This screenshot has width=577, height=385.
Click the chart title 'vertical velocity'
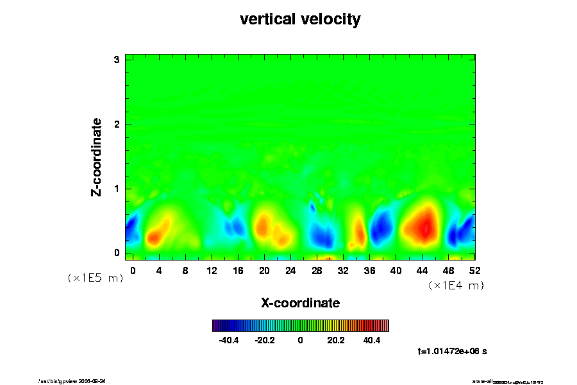300,20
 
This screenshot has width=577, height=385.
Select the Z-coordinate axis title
97,157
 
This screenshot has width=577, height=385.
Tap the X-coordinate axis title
300,302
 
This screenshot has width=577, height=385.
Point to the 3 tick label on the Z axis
117,60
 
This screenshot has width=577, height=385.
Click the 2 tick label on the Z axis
117,124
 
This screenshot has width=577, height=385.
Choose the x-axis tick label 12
212,270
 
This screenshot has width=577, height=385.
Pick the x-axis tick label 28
317,270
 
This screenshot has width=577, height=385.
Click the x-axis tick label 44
422,270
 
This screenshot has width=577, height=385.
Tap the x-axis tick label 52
474,270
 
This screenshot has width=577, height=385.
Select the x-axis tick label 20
264,270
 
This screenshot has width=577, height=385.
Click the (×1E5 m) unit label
96,278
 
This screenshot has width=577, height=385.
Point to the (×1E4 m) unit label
456,286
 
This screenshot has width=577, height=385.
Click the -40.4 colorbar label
229,340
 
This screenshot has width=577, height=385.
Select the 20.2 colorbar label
336,340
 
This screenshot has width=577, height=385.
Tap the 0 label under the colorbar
300,340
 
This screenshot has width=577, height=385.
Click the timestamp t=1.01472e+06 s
453,351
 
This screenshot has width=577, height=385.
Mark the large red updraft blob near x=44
422,225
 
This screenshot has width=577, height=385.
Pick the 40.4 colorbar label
372,340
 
